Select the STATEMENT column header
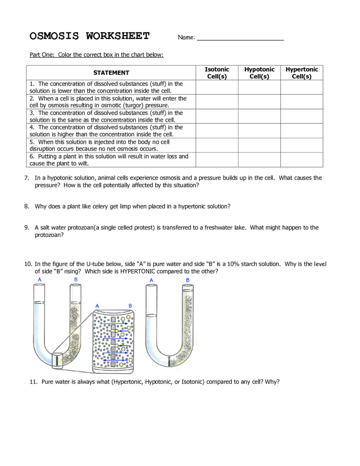coord(111,73)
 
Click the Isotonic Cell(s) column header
coord(216,73)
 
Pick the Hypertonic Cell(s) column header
coord(301,73)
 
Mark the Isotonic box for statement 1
coord(216,87)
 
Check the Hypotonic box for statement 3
coord(259,116)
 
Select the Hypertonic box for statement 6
coord(301,159)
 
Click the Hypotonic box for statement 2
coord(259,102)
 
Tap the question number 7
coord(27,178)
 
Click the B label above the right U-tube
coord(187,280)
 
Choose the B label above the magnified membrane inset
coord(130,306)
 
